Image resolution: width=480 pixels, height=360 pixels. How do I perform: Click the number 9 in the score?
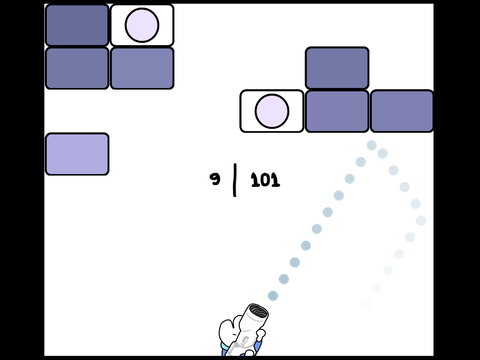coord(215,179)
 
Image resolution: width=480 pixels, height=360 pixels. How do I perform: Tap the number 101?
coord(265,180)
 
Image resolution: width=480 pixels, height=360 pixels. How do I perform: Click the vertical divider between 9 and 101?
coord(235,180)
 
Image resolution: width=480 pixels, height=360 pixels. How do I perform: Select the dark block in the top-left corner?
coord(77,25)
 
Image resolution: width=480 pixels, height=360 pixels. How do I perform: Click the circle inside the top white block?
coord(142,25)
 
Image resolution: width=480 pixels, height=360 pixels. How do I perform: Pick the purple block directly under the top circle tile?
coord(142,68)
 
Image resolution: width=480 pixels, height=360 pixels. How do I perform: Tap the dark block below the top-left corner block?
coord(77,68)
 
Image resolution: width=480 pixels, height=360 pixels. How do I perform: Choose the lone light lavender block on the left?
coord(77,154)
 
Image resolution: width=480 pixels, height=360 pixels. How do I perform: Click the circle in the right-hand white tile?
coord(272,111)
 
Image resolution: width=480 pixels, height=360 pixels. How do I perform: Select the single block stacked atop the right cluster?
coord(337,68)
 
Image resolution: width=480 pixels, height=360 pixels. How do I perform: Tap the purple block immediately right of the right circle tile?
coord(337,111)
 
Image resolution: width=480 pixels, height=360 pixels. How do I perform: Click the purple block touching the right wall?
coord(402,111)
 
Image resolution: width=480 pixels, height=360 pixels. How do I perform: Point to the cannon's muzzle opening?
coord(258,311)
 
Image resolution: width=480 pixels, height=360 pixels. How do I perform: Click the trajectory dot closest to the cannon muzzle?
coord(273,296)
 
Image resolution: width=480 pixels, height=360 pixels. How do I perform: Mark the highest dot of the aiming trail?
coord(372,145)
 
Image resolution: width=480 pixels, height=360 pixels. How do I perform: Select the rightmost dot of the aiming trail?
coord(421,220)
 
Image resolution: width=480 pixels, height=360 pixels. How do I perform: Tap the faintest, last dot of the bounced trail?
coord(366,304)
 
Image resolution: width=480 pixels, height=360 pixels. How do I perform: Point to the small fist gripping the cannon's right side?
coord(260,334)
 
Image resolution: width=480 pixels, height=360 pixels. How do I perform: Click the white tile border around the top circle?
coord(142,5)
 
